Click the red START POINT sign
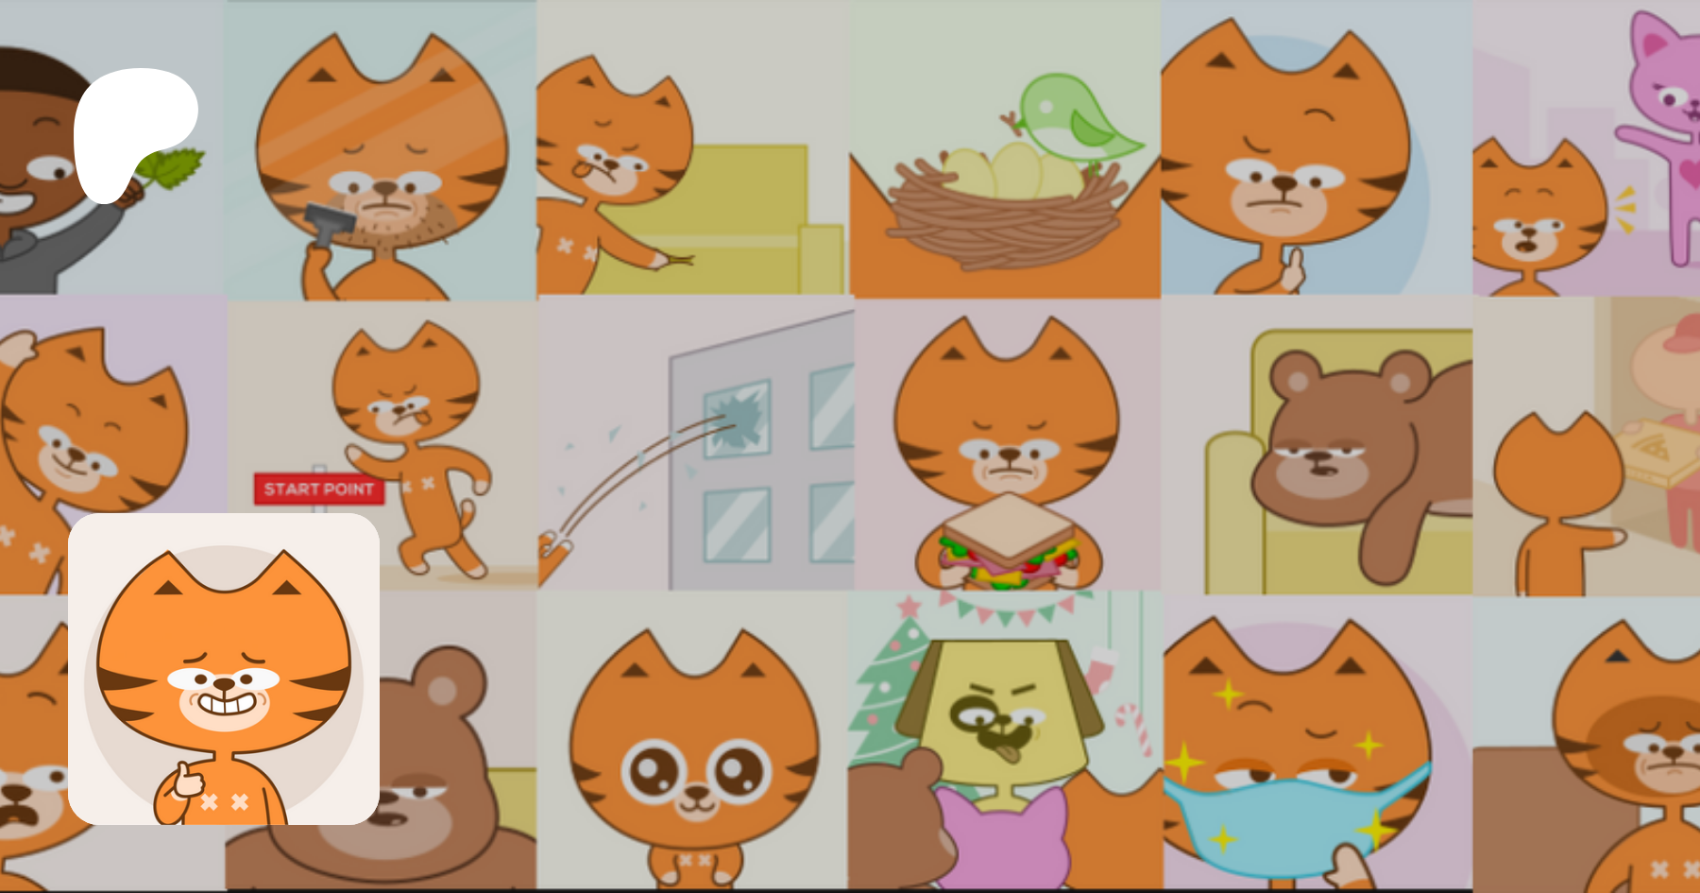(318, 489)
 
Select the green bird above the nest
(1077, 118)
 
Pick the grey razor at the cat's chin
(326, 223)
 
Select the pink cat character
(1662, 132)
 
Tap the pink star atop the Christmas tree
(909, 606)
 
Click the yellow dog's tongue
(1010, 750)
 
